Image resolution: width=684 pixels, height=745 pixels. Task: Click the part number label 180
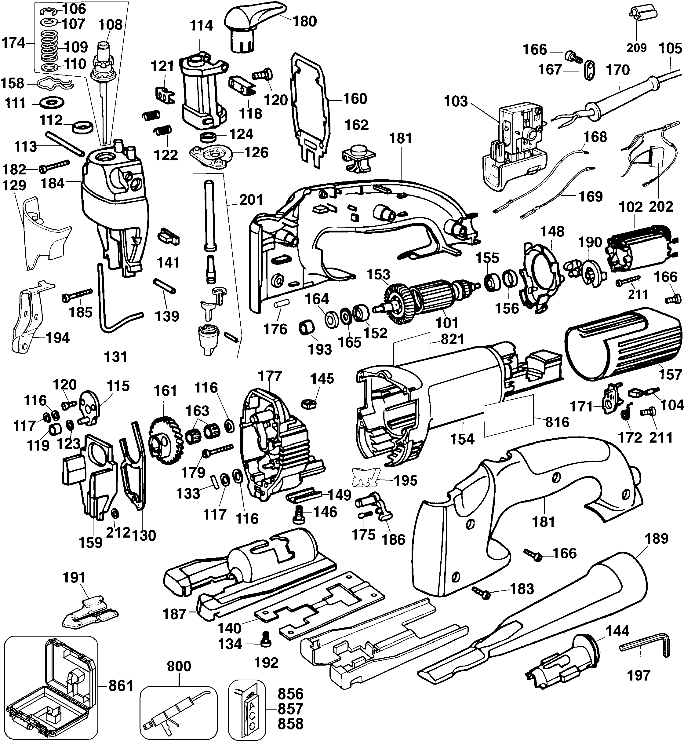pos(305,21)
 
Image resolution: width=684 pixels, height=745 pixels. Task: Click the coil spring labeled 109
pos(50,46)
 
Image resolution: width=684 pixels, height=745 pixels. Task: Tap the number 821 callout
pos(452,339)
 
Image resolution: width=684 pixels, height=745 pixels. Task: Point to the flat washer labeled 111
pos(51,103)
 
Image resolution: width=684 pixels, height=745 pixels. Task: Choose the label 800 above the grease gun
pos(179,666)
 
